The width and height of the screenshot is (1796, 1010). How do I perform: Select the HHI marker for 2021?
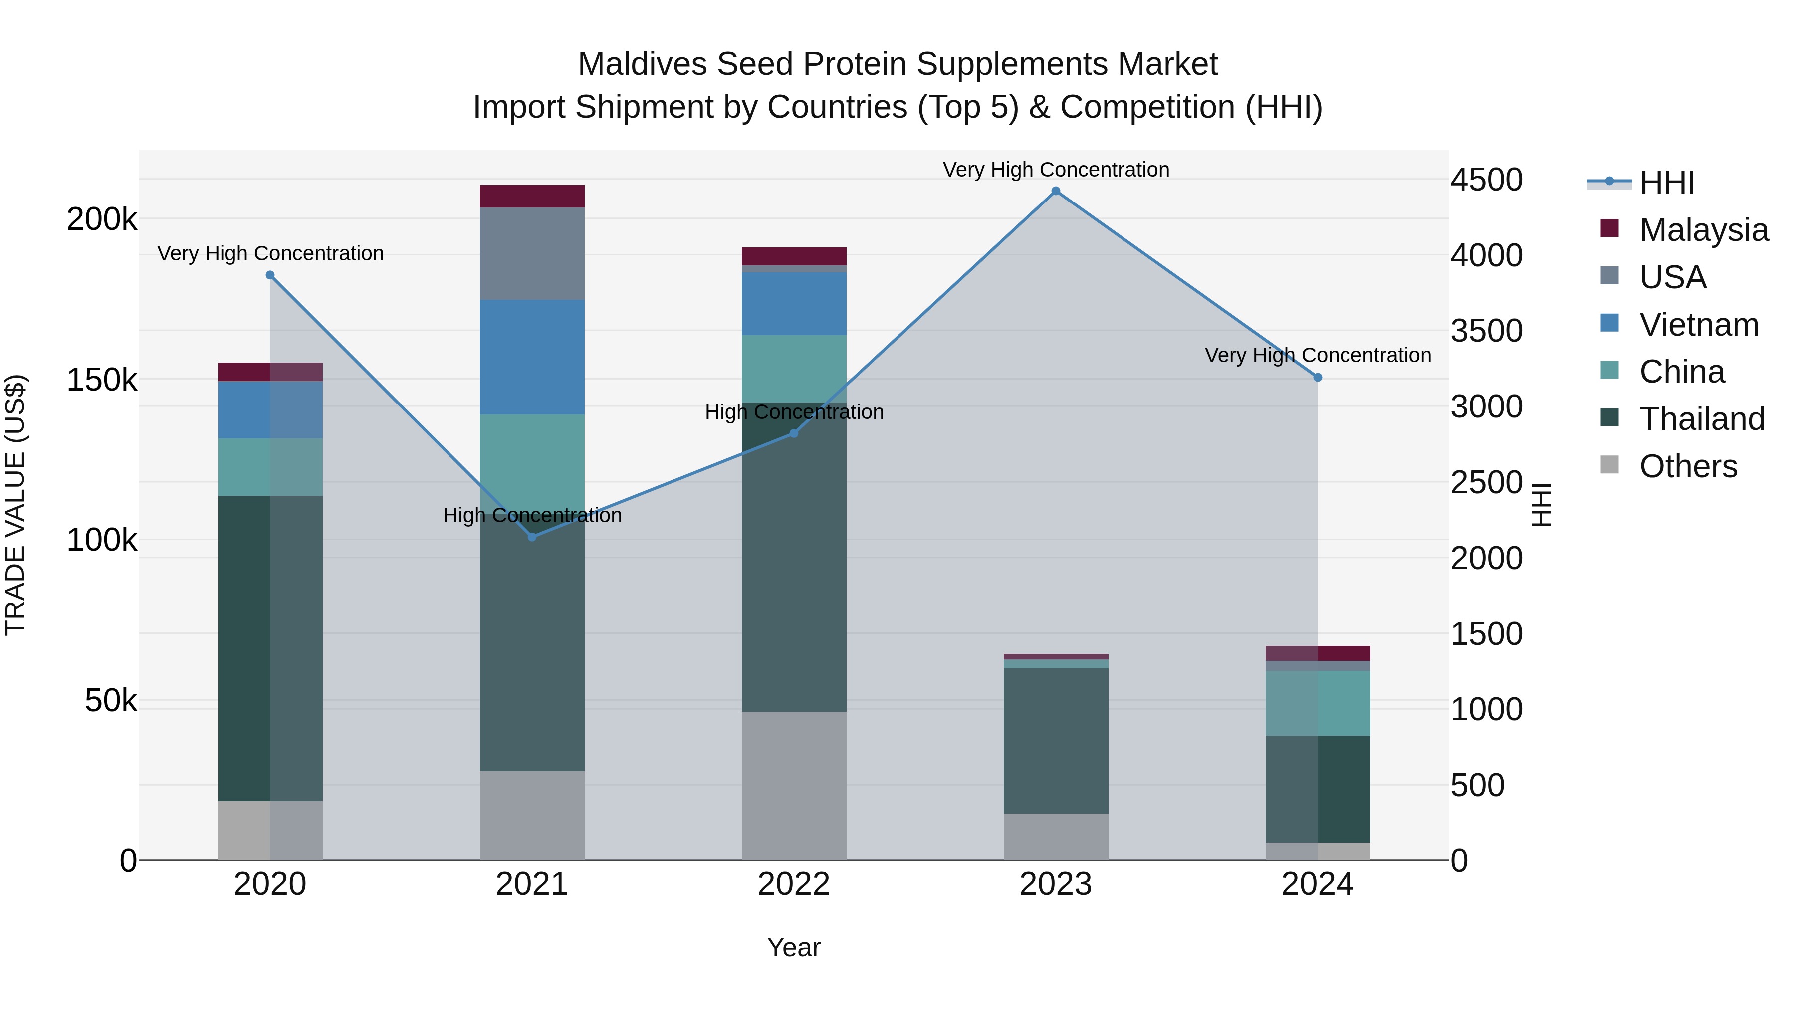click(532, 537)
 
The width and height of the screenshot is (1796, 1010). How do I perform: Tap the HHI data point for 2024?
click(1317, 378)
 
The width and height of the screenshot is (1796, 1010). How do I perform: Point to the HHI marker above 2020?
click(270, 275)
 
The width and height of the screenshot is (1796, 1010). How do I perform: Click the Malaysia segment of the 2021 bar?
click(532, 197)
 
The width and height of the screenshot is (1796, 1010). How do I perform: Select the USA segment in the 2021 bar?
click(532, 254)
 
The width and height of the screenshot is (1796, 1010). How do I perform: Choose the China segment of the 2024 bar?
click(1317, 703)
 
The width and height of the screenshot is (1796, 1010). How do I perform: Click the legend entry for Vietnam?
click(1698, 325)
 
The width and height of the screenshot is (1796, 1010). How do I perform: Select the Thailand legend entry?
click(1701, 419)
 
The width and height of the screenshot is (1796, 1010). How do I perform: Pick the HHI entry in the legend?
click(1666, 183)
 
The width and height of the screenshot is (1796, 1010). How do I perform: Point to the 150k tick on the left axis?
click(102, 381)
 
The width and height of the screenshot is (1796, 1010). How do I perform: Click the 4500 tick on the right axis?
click(1486, 180)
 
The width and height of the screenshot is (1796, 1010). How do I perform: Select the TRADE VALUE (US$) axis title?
click(15, 505)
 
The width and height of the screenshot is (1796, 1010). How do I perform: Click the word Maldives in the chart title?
click(642, 64)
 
